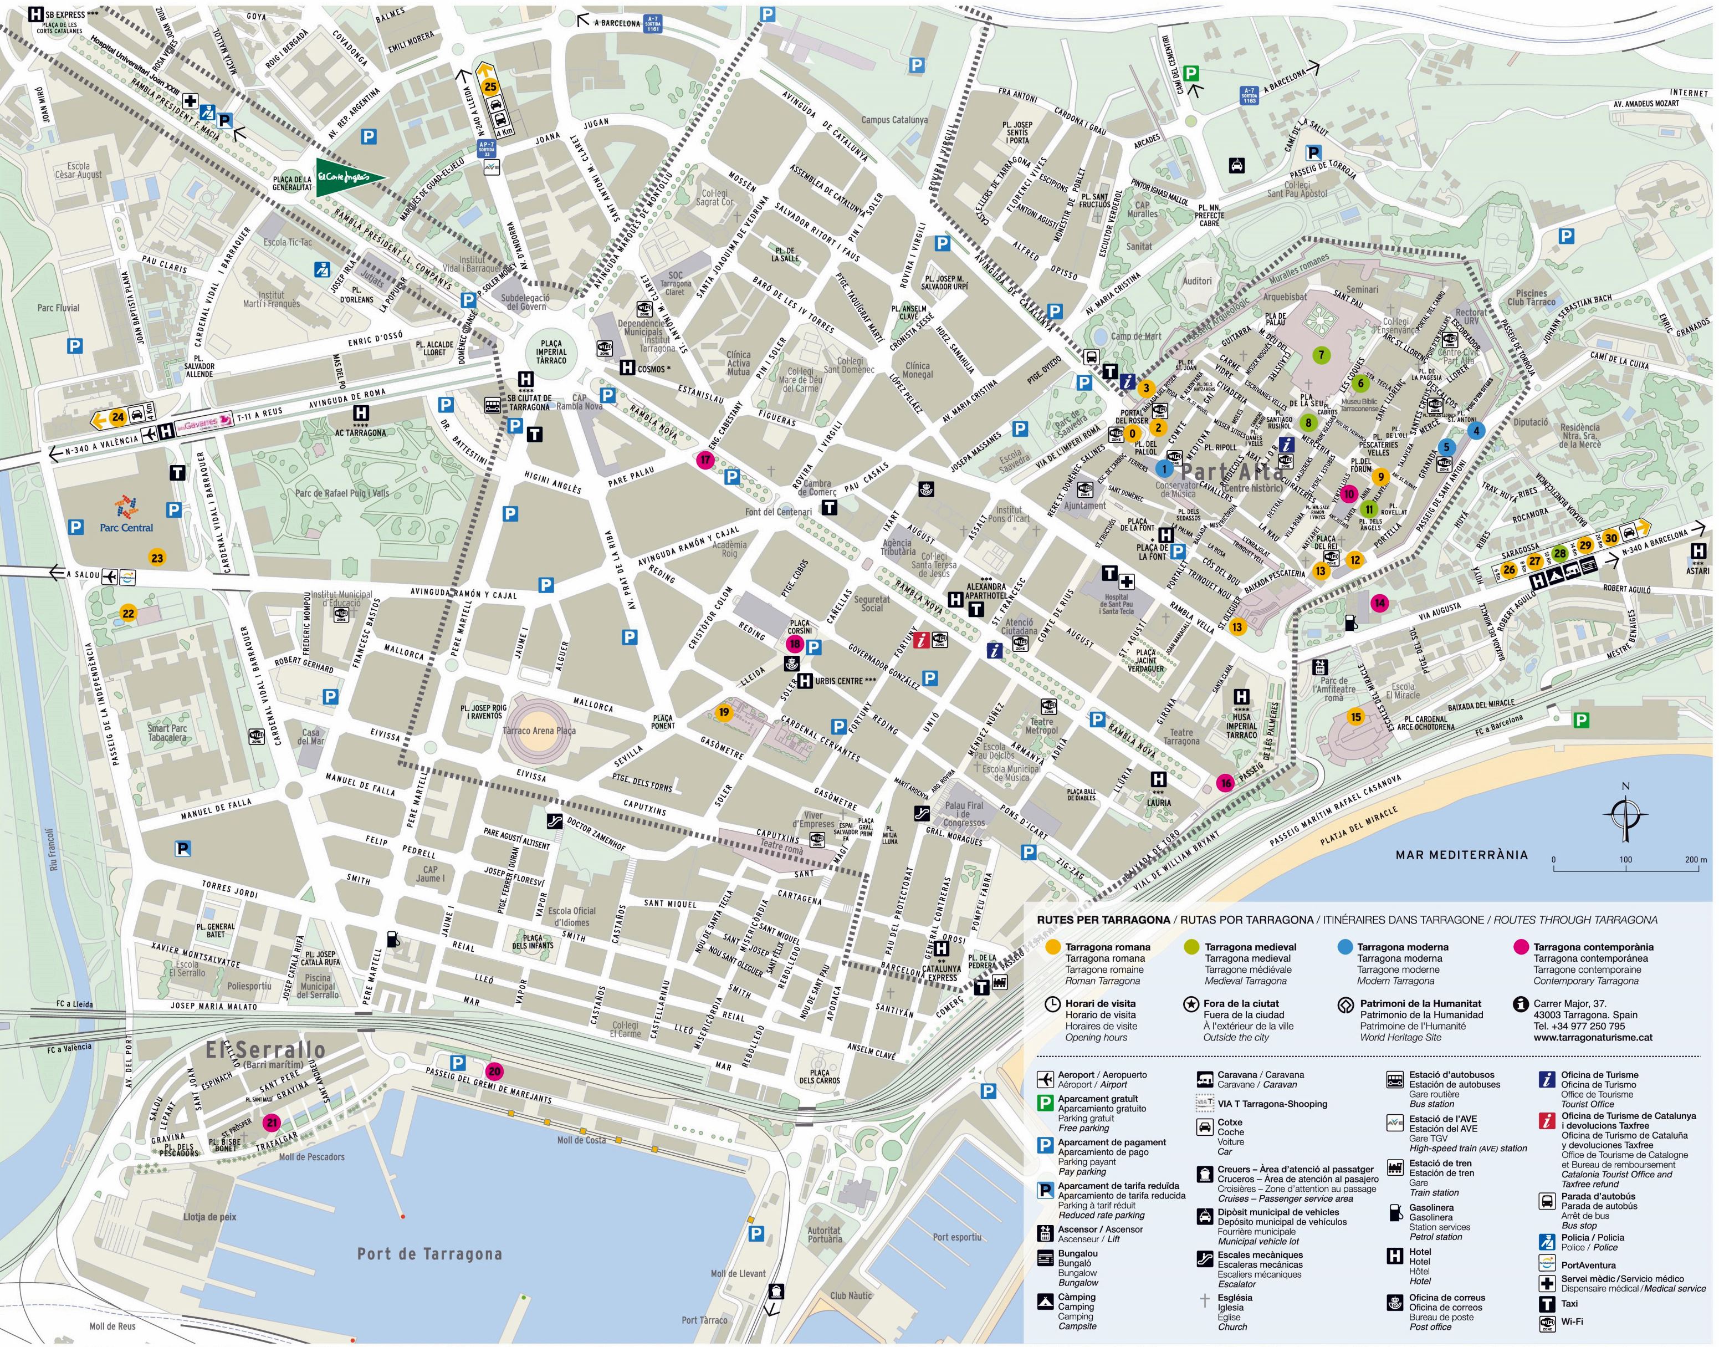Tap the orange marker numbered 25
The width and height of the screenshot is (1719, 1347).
(490, 86)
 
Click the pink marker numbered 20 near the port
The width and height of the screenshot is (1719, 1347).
(494, 1072)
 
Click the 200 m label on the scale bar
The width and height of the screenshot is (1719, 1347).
(1695, 860)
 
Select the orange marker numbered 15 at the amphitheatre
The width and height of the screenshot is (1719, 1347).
(1355, 717)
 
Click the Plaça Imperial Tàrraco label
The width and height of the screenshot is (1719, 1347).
(551, 352)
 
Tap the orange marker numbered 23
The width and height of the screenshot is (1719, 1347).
(157, 558)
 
